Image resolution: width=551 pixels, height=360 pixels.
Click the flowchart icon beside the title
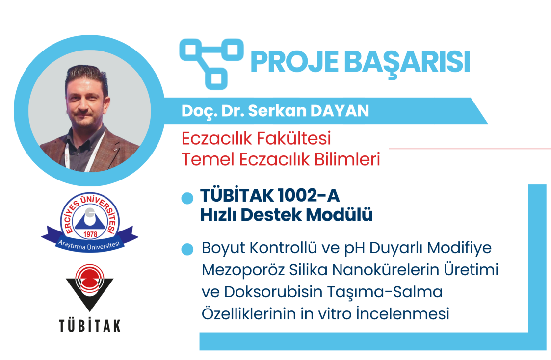(x=211, y=63)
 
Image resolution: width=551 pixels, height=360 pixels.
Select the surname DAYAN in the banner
(x=340, y=111)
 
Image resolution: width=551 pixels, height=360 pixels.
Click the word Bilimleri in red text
(x=347, y=159)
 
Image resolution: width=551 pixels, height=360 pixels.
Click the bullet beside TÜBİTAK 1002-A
(x=187, y=198)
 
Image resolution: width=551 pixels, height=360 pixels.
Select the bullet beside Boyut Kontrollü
(x=187, y=249)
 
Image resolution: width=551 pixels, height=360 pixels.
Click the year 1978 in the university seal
(x=90, y=234)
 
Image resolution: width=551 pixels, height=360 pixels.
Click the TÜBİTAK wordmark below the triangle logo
(x=90, y=326)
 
